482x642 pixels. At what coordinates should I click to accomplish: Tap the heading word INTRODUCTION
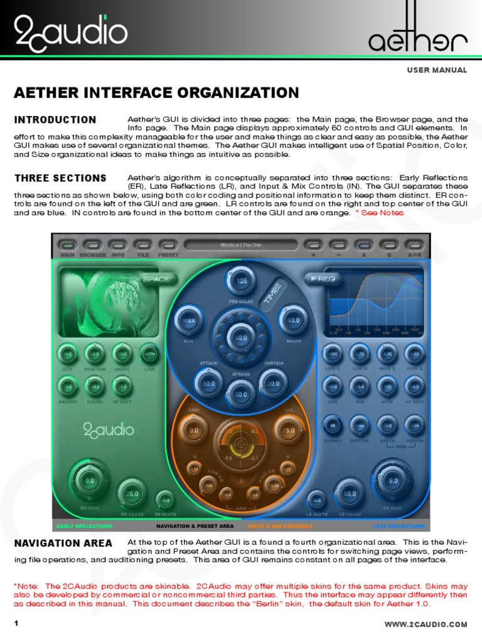click(55, 120)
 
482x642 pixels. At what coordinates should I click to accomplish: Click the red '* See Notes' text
click(380, 213)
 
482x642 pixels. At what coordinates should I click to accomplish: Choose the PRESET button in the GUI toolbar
click(168, 245)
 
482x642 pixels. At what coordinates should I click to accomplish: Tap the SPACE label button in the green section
click(157, 279)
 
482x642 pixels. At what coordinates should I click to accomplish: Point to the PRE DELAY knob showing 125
click(242, 281)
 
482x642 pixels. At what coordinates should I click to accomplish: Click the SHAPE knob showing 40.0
click(293, 320)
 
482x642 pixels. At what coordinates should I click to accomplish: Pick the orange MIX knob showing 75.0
click(288, 431)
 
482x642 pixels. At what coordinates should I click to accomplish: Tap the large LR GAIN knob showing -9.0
click(392, 481)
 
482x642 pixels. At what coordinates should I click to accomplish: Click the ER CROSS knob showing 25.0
click(132, 493)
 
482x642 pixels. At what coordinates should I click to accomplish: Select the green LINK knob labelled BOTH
click(149, 354)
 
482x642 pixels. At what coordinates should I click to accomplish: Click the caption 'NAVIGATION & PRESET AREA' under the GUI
click(195, 526)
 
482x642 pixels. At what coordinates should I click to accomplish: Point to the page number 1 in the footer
click(17, 624)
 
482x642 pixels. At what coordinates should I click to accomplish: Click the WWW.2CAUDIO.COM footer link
click(426, 624)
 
